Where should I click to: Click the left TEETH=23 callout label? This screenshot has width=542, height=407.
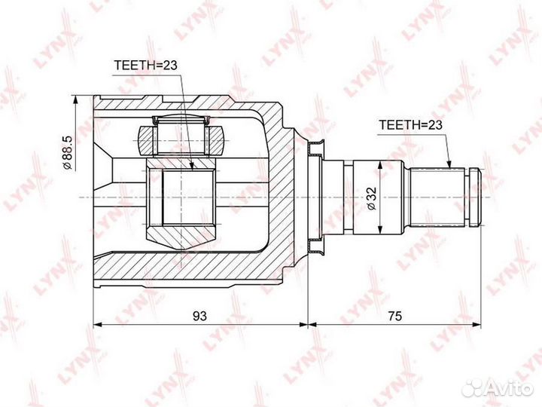(145, 65)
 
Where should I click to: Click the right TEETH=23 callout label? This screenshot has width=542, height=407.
(411, 125)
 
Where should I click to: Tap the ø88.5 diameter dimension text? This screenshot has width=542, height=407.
(67, 152)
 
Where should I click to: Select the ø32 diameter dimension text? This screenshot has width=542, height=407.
(372, 198)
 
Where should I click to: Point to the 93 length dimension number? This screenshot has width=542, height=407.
(199, 316)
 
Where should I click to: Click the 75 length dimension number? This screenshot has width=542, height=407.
(394, 316)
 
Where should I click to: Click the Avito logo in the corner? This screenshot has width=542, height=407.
(498, 388)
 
